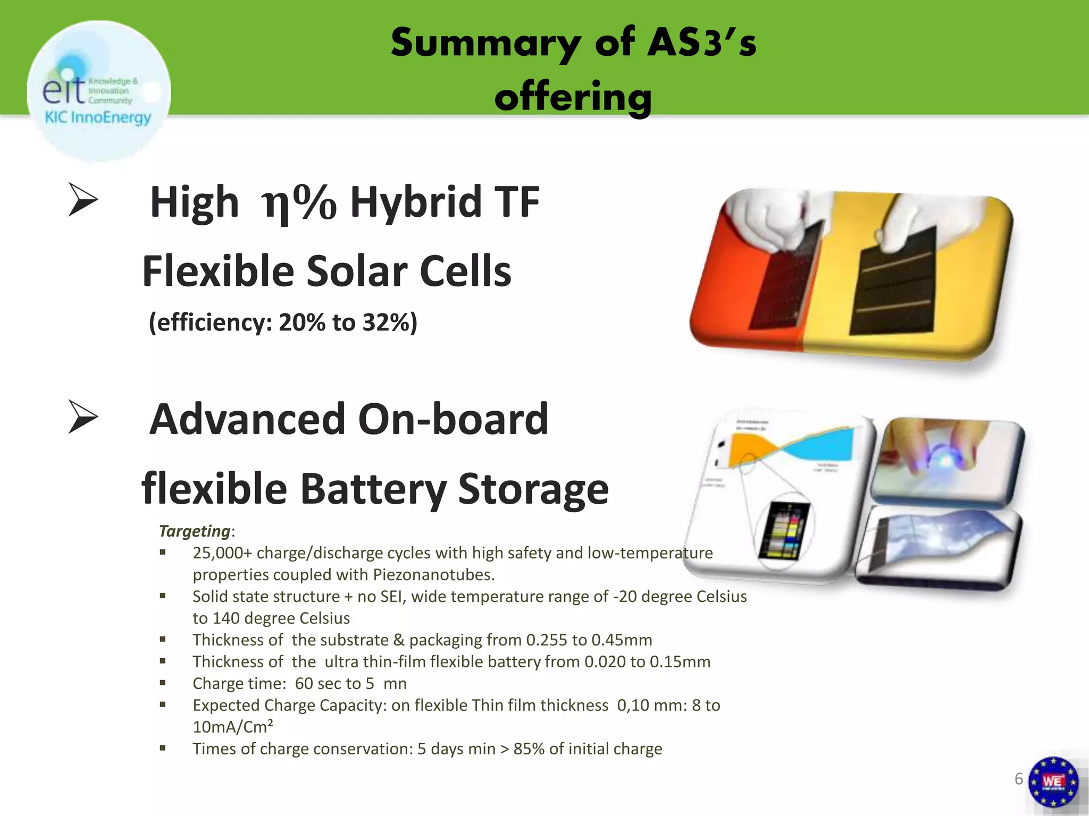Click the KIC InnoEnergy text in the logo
click(x=98, y=117)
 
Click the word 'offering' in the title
click(x=573, y=97)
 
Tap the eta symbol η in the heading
click(x=277, y=204)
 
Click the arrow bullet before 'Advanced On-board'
click(x=83, y=418)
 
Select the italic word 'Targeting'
click(x=195, y=531)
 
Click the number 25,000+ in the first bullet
click(x=222, y=553)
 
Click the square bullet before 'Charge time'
click(x=163, y=683)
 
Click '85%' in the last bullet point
click(x=529, y=749)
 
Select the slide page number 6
click(x=1018, y=779)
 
